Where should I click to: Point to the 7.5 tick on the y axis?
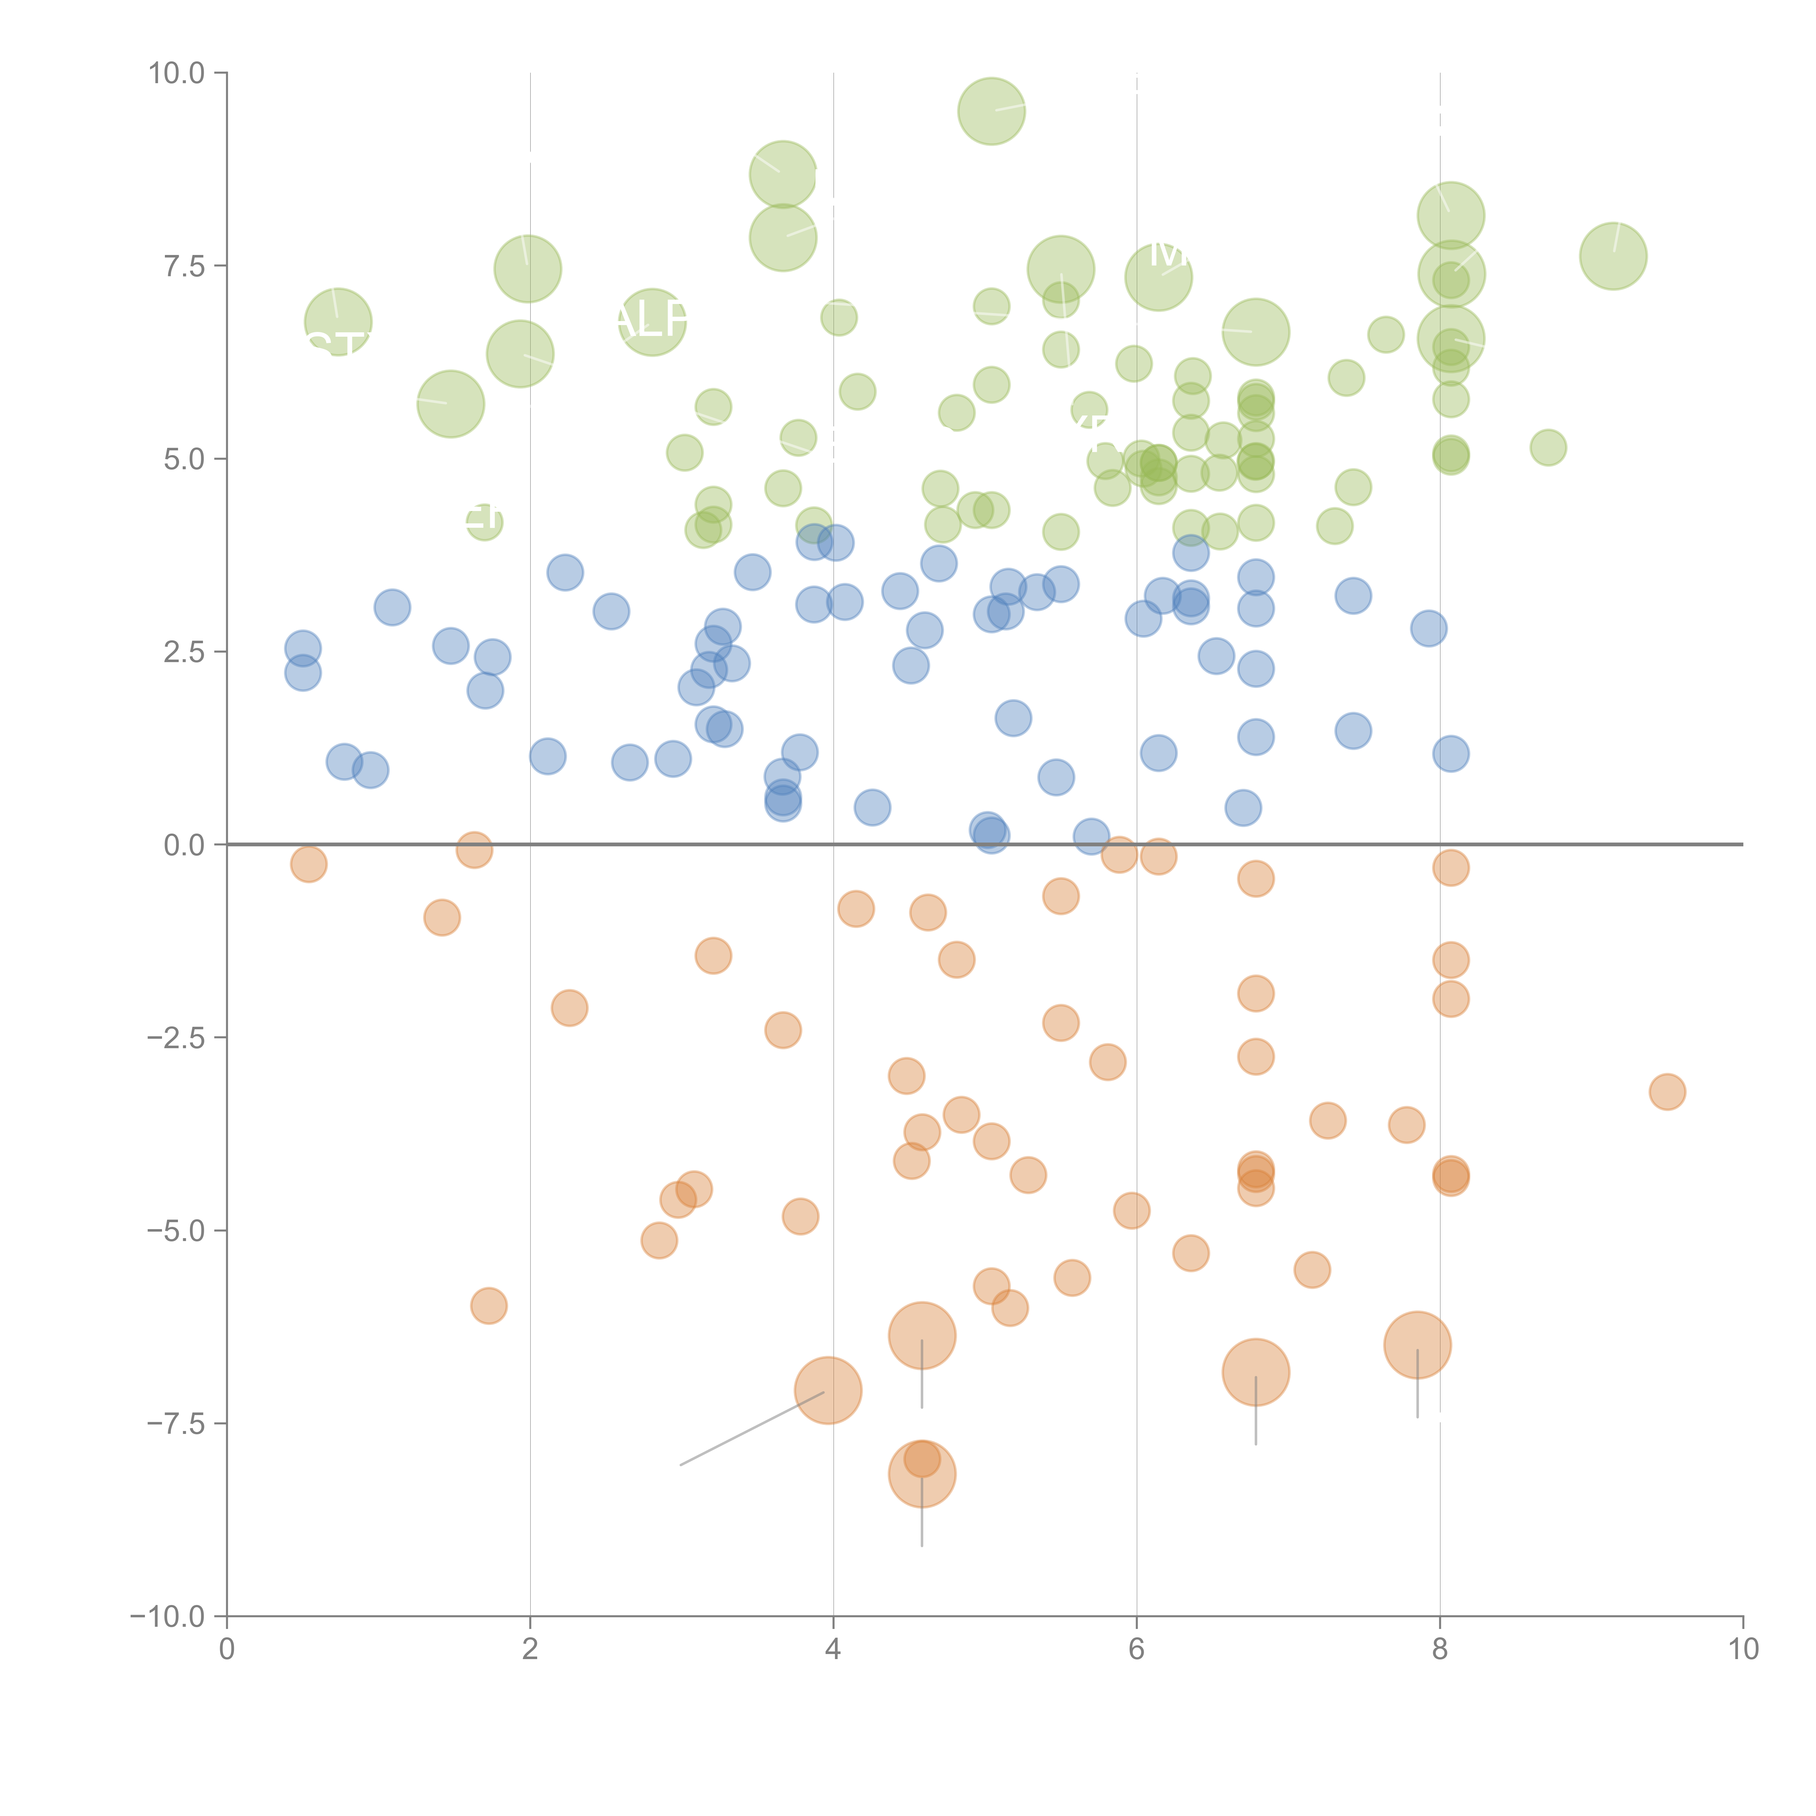[184, 266]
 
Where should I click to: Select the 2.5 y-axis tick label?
[184, 652]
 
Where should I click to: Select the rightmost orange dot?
[1667, 1091]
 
